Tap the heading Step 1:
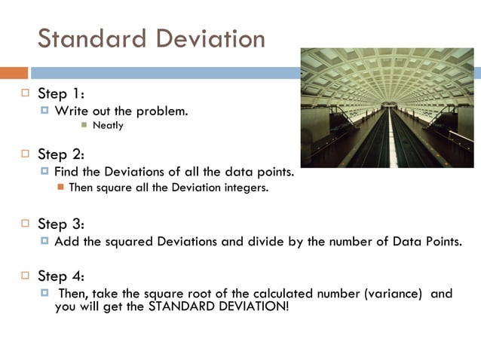(61, 94)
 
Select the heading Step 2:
(61, 154)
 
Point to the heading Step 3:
(61, 224)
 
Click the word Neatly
(108, 126)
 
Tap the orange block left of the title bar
(14, 73)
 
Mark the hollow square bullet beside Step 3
(24, 224)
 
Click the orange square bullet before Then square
(61, 188)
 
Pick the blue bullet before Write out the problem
(45, 111)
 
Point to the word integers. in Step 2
(246, 188)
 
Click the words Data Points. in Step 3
(429, 242)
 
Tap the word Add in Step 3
(65, 242)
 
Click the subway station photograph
(387, 108)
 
